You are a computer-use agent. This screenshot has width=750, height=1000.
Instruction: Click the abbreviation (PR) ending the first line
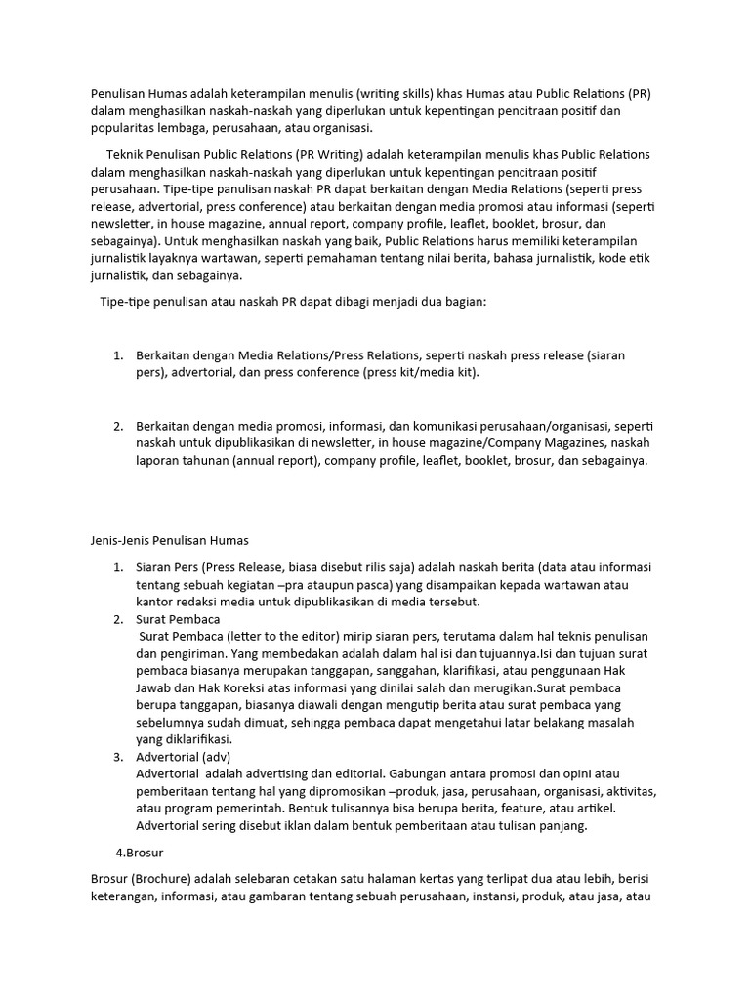(x=640, y=94)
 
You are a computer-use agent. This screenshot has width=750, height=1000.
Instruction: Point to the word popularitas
(x=125, y=128)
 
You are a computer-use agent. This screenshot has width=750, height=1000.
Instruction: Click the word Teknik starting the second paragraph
(x=126, y=155)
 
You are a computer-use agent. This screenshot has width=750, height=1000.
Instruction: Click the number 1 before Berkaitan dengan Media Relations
(x=117, y=355)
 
